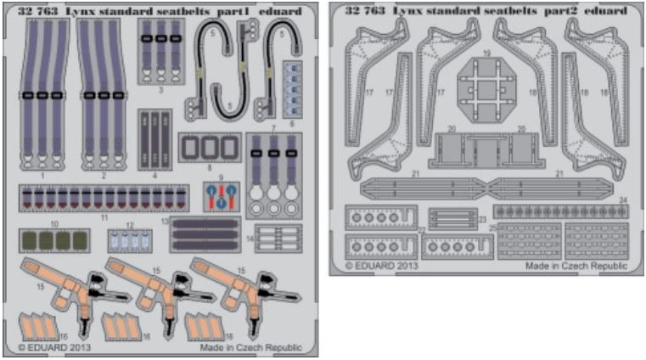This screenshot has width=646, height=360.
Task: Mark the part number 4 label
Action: [x=154, y=176]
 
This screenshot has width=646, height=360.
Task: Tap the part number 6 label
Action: [x=294, y=124]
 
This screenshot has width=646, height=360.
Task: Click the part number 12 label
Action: [x=129, y=226]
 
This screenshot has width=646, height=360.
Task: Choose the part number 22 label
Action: [x=421, y=230]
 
